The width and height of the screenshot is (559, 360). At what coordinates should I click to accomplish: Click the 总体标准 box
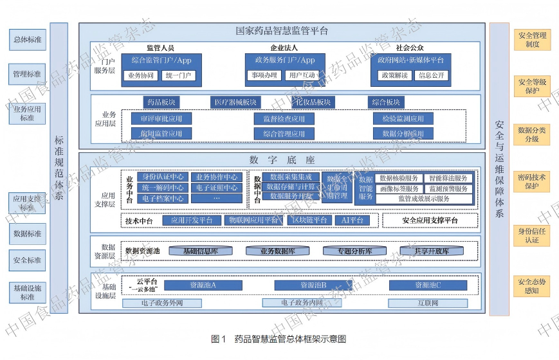coord(28,40)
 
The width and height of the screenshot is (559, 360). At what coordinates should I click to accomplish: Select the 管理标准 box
coord(28,75)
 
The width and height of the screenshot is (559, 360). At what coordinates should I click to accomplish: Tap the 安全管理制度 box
coord(532,40)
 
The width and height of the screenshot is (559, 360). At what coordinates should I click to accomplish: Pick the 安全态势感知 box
coord(532,286)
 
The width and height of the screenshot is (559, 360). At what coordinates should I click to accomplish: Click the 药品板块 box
coord(161,102)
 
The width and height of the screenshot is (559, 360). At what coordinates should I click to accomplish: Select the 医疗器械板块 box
coord(236,102)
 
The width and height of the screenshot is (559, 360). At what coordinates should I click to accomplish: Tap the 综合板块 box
coord(386,102)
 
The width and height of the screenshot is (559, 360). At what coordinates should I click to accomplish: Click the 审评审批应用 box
coord(156,119)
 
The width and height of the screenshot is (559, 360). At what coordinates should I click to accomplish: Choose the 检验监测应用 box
coord(403,119)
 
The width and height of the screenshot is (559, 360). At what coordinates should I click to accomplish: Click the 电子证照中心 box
coord(217,188)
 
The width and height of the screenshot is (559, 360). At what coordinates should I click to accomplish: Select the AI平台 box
coord(353,221)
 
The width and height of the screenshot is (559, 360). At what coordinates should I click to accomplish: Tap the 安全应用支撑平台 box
coord(430,221)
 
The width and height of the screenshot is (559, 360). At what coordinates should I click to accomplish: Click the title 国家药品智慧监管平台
coord(282,30)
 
